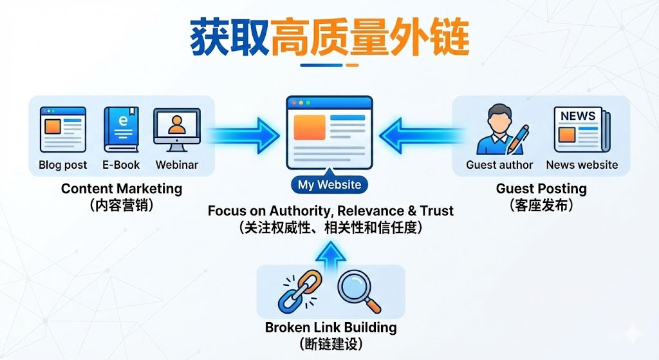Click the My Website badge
pos(329,185)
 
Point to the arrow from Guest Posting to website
pos(418,136)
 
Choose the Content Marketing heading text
pos(122,189)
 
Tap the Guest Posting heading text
pos(541,189)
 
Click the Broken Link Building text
pos(331,327)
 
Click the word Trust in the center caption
pos(436,211)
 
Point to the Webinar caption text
pos(176,165)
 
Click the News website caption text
pos(582,165)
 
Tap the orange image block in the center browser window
pos(309,128)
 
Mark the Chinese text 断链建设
pos(331,343)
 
